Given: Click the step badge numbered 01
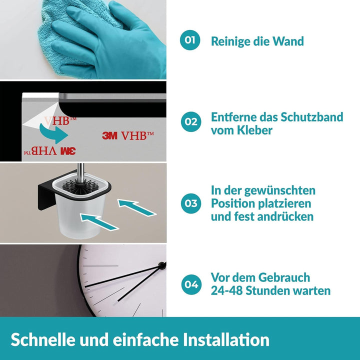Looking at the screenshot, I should point(190,40).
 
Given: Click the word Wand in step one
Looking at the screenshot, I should point(288,41).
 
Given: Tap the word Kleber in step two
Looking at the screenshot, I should point(260,130).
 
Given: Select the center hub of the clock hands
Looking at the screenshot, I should point(162,267).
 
